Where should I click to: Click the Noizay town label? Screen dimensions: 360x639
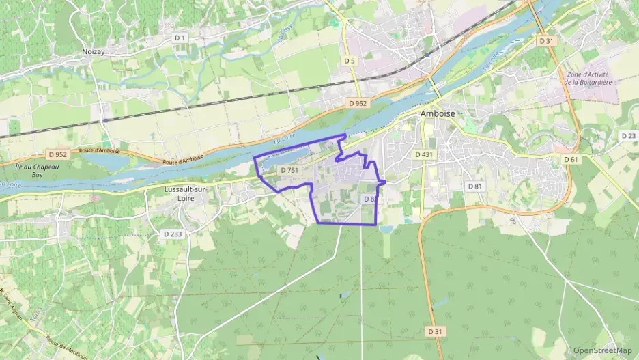93,51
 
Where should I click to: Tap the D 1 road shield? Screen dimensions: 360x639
180,38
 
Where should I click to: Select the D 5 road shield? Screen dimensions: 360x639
350,61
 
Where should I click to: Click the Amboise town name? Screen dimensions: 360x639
437,114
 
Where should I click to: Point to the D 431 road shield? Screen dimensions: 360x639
424,155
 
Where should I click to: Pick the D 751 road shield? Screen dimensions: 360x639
289,170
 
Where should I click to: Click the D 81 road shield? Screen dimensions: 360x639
474,186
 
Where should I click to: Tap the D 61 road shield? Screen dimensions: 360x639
571,159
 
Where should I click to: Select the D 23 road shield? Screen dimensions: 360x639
629,136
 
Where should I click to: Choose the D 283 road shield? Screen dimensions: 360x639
173,234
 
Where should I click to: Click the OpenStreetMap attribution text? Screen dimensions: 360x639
602,350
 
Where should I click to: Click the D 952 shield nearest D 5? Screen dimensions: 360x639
357,103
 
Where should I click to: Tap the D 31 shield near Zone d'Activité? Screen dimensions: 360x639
546,41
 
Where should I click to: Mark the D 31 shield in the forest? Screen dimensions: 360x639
435,331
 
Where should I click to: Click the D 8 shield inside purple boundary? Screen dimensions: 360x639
369,199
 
